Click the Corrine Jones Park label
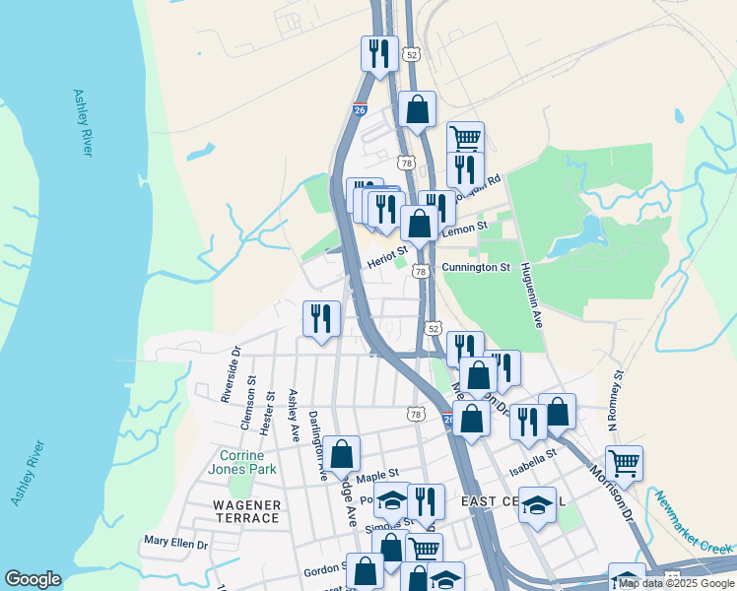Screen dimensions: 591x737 click(x=241, y=463)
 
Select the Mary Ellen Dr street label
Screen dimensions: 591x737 click(x=176, y=542)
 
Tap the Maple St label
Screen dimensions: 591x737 click(x=376, y=477)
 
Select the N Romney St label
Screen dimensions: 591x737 click(x=617, y=400)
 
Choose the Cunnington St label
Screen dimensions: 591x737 click(x=476, y=267)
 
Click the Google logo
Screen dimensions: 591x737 click(x=33, y=579)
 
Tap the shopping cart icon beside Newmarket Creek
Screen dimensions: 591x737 click(x=625, y=461)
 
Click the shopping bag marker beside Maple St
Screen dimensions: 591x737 click(x=342, y=454)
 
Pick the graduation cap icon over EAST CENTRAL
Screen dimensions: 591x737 click(x=537, y=504)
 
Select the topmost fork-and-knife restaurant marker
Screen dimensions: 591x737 click(x=378, y=51)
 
